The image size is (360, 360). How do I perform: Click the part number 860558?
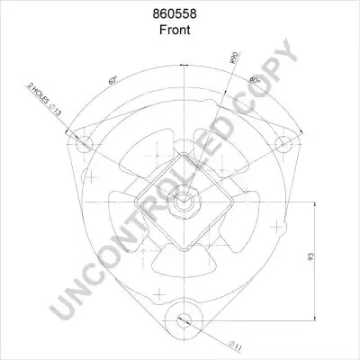pyautogui.click(x=175, y=13)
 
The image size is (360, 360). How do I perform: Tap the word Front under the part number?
pyautogui.click(x=175, y=30)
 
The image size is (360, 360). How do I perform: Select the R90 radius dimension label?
pyautogui.click(x=234, y=58)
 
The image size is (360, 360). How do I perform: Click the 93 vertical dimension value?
pyautogui.click(x=310, y=256)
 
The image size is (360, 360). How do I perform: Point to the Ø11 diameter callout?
pyautogui.click(x=235, y=346)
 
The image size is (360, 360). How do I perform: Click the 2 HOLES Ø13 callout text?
pyautogui.click(x=44, y=99)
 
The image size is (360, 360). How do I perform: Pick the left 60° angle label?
pyautogui.click(x=112, y=80)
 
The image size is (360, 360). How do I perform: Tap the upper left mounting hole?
pyautogui.click(x=85, y=144)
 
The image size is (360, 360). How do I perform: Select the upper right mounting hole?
pyautogui.click(x=283, y=144)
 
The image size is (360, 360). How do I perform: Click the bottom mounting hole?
pyautogui.click(x=184, y=320)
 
